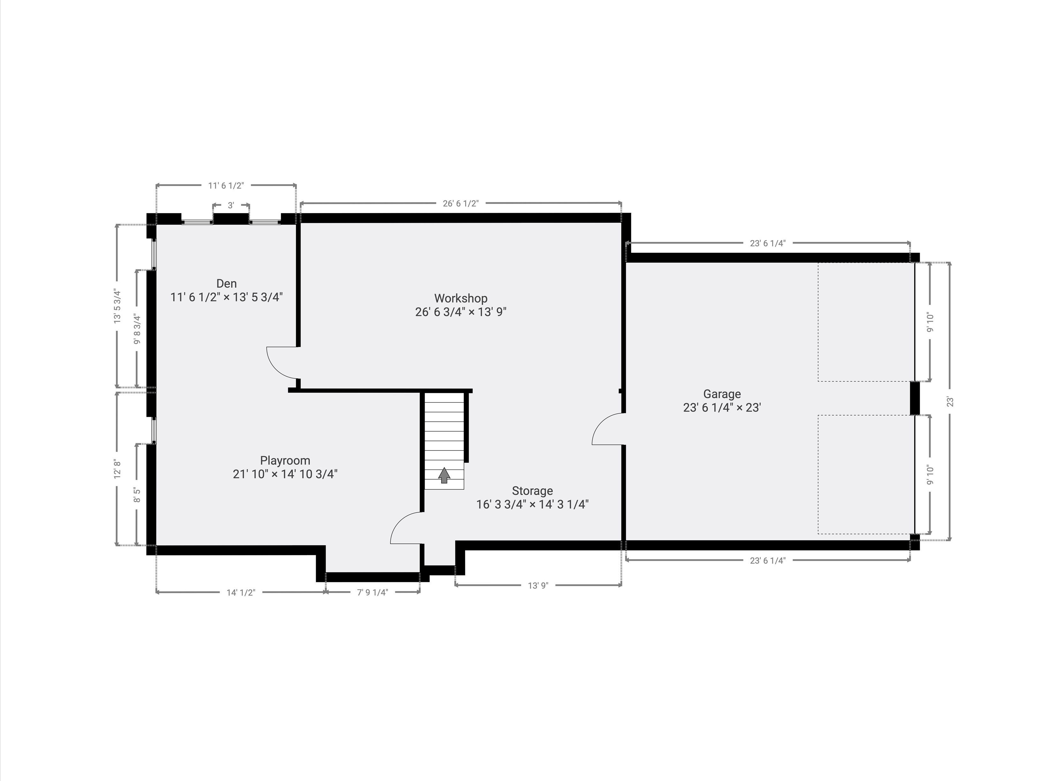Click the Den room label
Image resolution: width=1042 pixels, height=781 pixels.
(226, 283)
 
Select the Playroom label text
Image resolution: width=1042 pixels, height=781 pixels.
(285, 460)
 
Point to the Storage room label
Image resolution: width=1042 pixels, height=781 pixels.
(532, 491)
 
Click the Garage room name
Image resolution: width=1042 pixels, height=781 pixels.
(722, 394)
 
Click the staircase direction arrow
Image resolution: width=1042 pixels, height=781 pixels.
(444, 475)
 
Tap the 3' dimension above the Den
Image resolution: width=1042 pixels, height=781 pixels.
(231, 206)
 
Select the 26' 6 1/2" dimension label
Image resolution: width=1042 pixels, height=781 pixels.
(460, 203)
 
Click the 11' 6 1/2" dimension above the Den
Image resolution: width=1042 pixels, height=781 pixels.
(226, 185)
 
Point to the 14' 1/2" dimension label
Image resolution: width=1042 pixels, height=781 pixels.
(241, 592)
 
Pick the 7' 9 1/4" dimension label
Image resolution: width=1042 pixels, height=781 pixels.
(372, 592)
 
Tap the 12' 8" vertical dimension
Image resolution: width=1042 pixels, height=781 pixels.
(117, 469)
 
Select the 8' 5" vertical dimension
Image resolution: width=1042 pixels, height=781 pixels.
(137, 495)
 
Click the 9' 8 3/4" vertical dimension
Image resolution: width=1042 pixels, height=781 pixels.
(137, 329)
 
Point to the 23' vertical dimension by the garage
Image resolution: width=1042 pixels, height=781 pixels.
(950, 402)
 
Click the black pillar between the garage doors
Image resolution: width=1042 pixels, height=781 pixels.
(914, 398)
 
